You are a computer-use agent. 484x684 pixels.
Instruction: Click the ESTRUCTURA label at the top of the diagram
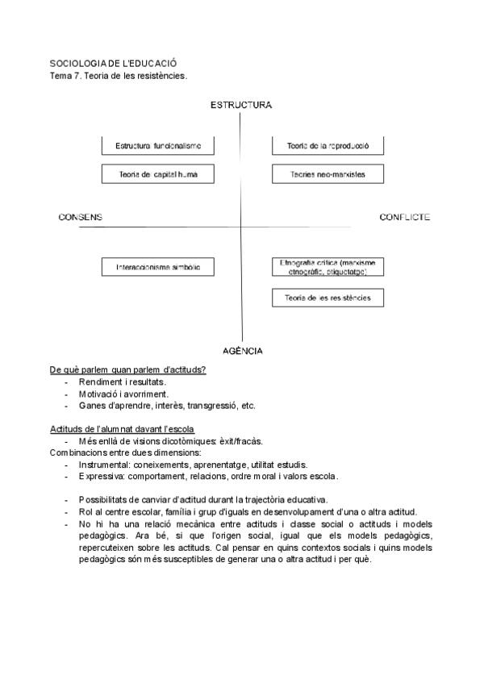(240, 105)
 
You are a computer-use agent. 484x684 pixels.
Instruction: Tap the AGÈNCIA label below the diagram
(241, 350)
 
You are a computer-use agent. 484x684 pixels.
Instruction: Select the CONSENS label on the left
(81, 217)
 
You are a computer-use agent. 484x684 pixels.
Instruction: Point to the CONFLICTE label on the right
(404, 217)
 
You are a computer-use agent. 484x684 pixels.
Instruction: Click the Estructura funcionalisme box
(158, 146)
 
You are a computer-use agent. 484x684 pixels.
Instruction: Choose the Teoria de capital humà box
(158, 173)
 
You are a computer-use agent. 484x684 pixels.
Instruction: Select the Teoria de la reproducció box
(328, 146)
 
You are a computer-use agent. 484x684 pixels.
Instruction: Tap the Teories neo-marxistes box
(328, 173)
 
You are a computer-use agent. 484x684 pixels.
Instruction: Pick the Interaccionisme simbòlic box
(158, 267)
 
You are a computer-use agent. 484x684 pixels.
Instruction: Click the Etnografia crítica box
(328, 267)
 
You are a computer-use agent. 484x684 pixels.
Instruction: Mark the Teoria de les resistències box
(328, 298)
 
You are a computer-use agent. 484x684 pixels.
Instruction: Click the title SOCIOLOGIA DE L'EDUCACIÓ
(113, 63)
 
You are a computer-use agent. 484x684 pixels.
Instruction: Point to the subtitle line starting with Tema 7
(119, 76)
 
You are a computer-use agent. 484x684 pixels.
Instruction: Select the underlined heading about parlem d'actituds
(127, 369)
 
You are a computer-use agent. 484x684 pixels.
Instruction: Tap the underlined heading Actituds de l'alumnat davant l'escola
(121, 428)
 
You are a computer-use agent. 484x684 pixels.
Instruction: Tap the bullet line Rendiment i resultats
(122, 382)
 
